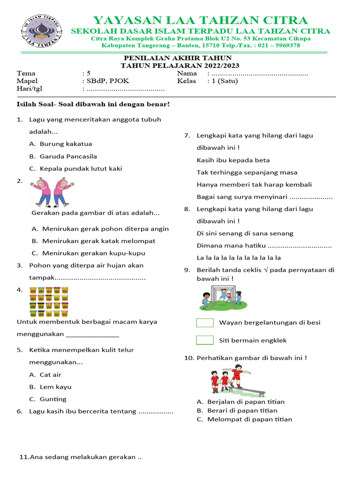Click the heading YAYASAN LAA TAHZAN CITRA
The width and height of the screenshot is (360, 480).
tap(200, 20)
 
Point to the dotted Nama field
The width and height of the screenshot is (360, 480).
tap(260, 74)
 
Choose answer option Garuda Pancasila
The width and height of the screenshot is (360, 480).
tap(68, 156)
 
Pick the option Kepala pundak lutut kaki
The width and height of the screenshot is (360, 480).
tap(81, 168)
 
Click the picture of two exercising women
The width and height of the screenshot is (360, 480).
tap(50, 192)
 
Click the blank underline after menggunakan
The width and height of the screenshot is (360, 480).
tap(93, 335)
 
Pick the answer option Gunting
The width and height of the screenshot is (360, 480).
tap(53, 399)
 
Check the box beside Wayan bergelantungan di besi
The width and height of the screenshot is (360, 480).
tap(205, 322)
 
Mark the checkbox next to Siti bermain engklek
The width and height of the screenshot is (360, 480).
tap(205, 340)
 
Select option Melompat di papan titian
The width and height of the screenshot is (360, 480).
tap(249, 419)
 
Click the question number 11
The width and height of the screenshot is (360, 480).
tap(23, 457)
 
